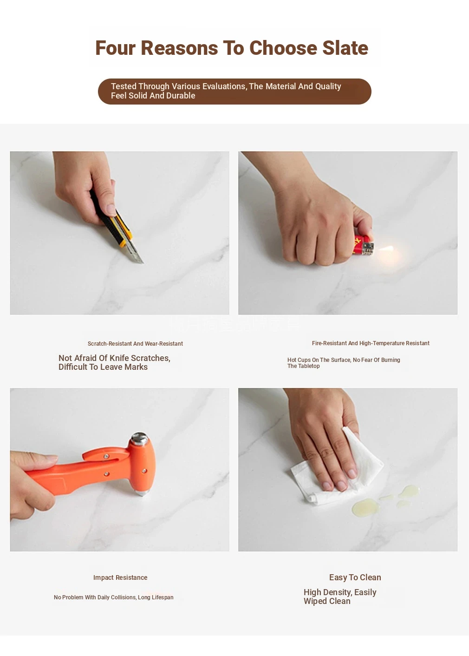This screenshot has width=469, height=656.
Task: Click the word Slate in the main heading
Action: tap(345, 48)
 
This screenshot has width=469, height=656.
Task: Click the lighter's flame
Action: tap(386, 249)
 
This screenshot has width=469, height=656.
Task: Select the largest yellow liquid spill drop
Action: tap(365, 507)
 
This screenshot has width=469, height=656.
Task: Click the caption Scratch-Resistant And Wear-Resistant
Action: tap(135, 343)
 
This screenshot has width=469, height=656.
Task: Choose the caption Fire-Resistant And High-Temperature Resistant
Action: tap(371, 343)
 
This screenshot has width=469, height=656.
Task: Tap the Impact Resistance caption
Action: tap(120, 577)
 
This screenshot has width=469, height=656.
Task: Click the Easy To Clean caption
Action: tap(355, 577)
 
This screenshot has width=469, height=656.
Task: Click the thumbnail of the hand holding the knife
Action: tap(119, 233)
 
